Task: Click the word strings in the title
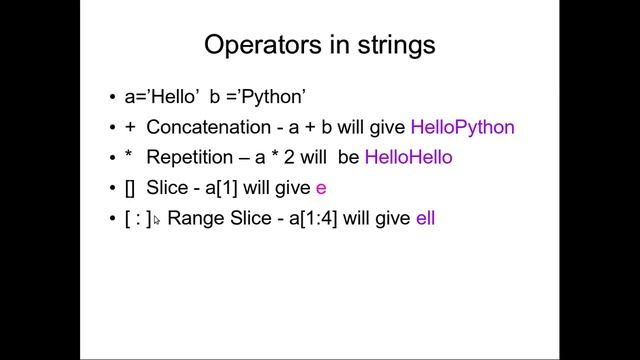point(391,45)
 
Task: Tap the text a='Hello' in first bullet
point(160,97)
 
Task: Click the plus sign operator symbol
point(129,128)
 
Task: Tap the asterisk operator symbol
point(129,156)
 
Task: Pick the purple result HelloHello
point(408,157)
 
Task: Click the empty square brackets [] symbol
point(130,187)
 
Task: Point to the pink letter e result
point(321,188)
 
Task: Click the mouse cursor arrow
point(156,219)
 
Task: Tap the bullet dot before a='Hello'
point(113,98)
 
